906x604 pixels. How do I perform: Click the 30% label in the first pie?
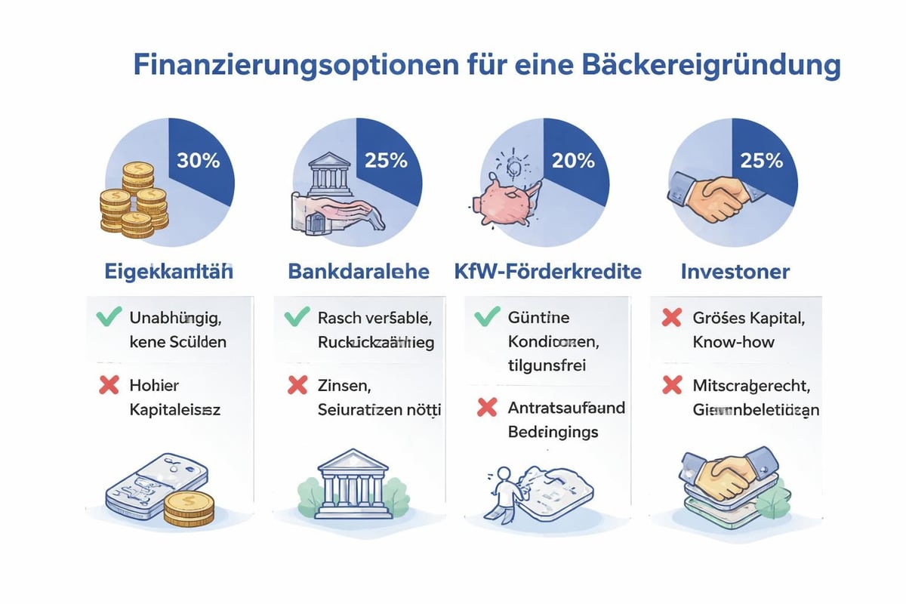coord(198,161)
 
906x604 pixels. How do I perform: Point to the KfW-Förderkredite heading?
coord(547,272)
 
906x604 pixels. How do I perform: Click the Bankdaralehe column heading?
coord(359,272)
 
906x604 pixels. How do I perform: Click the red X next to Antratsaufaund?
coord(487,408)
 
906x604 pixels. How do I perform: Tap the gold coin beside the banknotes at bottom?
coord(189,507)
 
